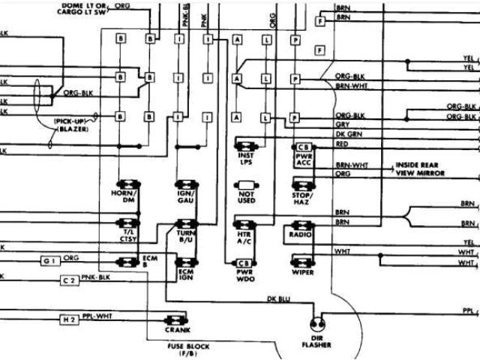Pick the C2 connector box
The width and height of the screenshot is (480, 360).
[x=68, y=280]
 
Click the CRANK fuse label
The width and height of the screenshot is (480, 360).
[x=179, y=329]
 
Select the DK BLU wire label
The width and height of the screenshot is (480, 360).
[x=278, y=298]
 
